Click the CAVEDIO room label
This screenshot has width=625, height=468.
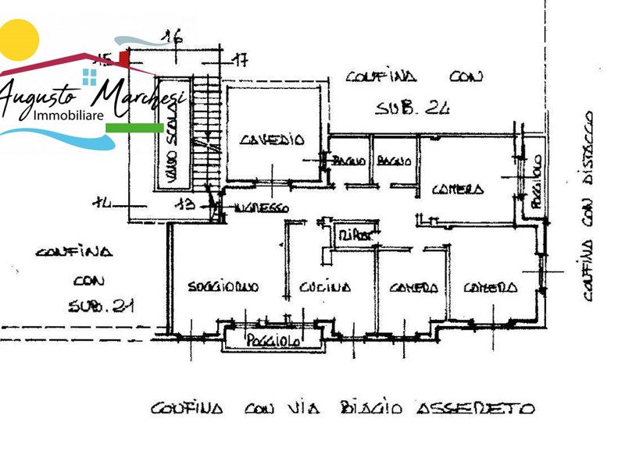point(271,140)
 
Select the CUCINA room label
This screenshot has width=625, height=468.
point(325,287)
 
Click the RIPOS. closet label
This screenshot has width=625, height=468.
point(354,233)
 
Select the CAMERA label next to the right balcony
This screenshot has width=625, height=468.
point(458,189)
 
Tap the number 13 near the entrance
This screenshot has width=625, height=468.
point(185,204)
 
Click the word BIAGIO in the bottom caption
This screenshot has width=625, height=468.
point(372,408)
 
